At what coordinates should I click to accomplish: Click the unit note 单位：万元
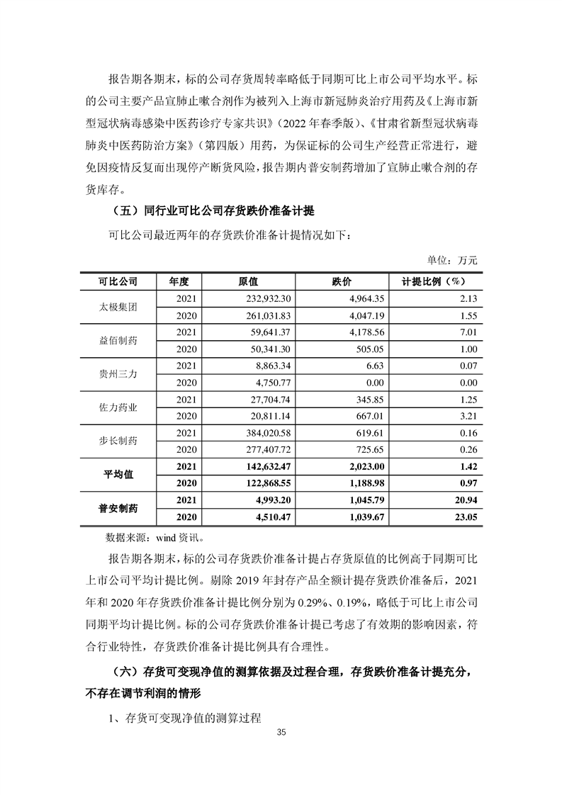click(x=452, y=260)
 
